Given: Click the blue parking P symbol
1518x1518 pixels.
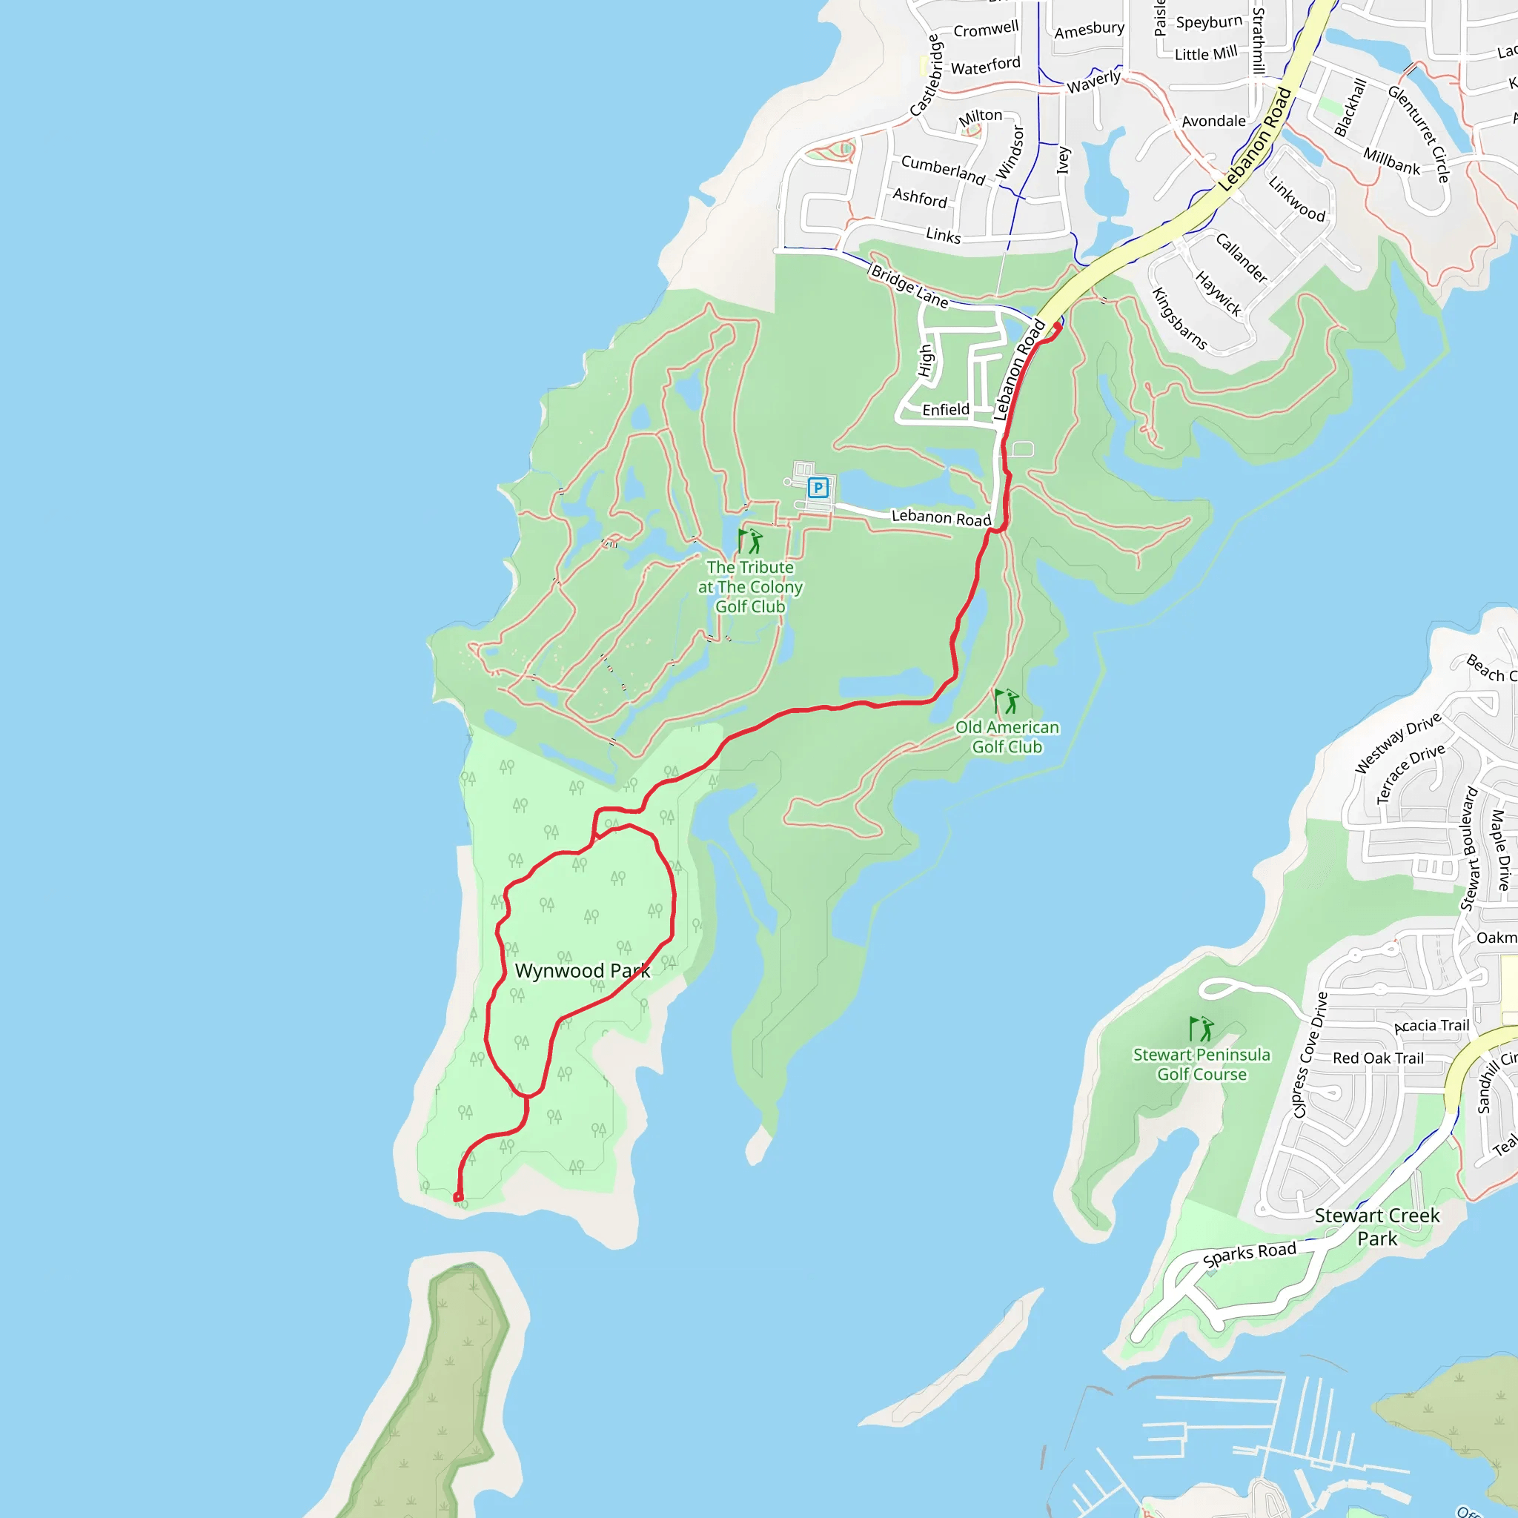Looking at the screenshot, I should tap(818, 488).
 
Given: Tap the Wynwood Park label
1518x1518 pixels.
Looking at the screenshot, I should tap(582, 971).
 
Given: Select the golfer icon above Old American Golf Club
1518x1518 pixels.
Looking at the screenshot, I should tap(1007, 701).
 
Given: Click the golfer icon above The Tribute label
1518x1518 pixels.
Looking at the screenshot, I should tap(750, 540).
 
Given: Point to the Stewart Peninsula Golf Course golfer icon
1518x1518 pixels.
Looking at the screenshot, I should tap(1202, 1029).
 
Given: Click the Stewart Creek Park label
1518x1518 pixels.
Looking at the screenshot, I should tap(1376, 1227).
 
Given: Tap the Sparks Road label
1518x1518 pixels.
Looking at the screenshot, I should tap(1249, 1254).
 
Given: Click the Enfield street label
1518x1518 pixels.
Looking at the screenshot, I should tap(945, 410).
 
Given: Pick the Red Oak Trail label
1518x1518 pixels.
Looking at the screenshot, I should tap(1378, 1058).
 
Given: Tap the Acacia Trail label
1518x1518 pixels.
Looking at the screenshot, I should tap(1431, 1026).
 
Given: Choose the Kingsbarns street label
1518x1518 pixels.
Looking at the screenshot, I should tap(1179, 318).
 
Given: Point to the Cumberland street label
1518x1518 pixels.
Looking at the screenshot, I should tap(943, 169).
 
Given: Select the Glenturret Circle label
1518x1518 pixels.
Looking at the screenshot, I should tap(1418, 134).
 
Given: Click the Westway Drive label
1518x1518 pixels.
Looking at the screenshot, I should tap(1398, 743).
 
